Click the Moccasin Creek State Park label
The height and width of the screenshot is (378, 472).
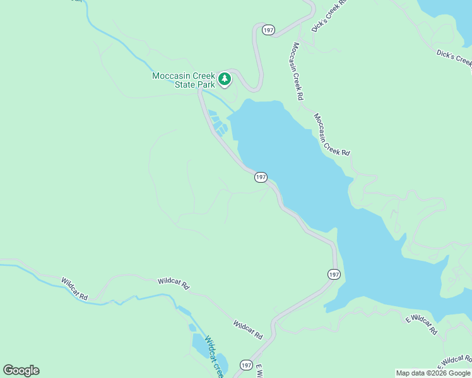tap(184, 80)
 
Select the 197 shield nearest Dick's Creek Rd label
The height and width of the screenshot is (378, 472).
tap(269, 30)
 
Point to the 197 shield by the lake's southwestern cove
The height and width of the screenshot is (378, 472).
tap(334, 274)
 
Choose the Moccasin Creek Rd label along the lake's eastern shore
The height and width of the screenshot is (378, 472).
tap(332, 135)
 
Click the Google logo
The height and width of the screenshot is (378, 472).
tap(21, 370)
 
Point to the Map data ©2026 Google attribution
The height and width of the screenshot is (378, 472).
tap(432, 373)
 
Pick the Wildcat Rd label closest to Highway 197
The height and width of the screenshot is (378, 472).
tap(247, 329)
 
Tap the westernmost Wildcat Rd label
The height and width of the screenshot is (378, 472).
tap(74, 288)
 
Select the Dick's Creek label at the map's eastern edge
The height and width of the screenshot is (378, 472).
tap(454, 57)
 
